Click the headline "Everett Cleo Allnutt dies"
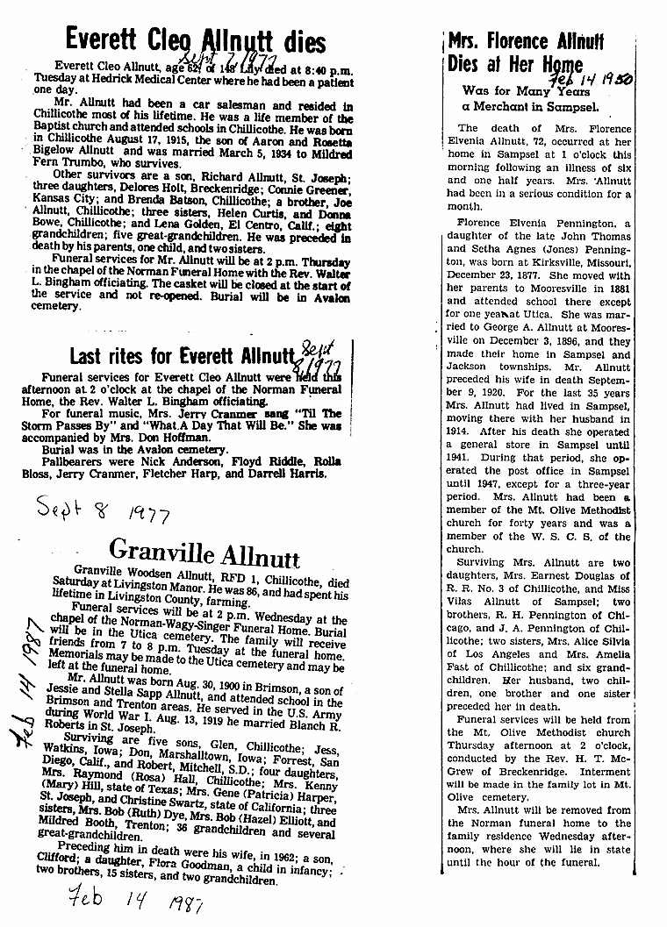(x=196, y=40)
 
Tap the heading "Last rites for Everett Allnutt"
(x=181, y=356)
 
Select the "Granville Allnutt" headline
(x=204, y=553)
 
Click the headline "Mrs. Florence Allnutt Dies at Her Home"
(x=526, y=53)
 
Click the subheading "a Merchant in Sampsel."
(x=531, y=107)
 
